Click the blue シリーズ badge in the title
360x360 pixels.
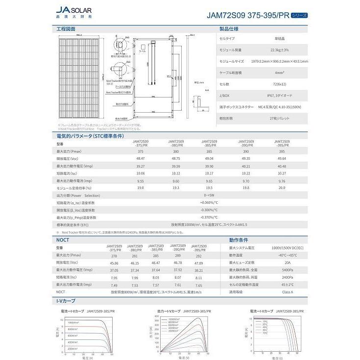299,15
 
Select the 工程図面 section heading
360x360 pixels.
66,29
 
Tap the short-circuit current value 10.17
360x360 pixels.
209,173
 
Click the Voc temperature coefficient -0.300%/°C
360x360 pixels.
209,210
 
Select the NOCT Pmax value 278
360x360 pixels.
114,256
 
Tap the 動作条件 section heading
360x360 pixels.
239,240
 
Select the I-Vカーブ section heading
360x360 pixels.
66,301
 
